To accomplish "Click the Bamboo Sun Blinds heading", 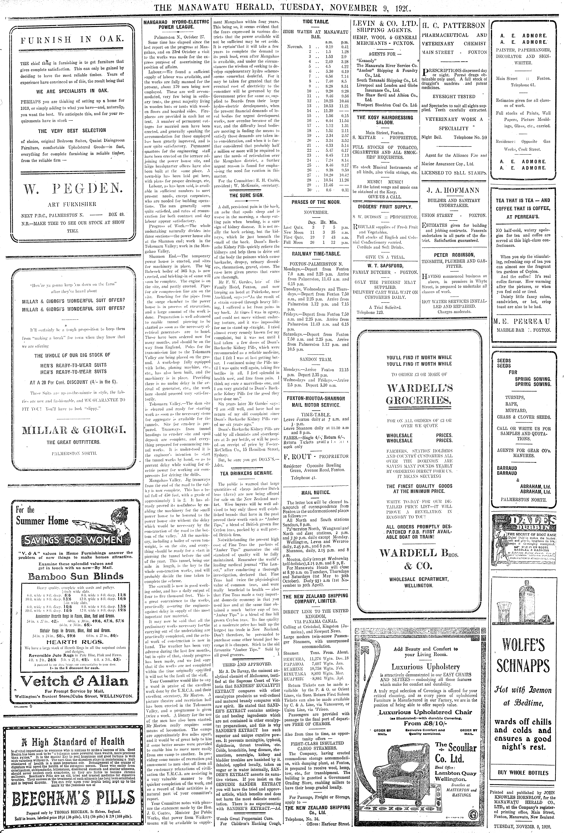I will pyautogui.click(x=76, y=576).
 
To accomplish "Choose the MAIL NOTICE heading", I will pyautogui.click(x=316, y=492).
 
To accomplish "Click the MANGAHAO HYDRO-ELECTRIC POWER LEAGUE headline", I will pyautogui.click(x=176, y=24).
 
